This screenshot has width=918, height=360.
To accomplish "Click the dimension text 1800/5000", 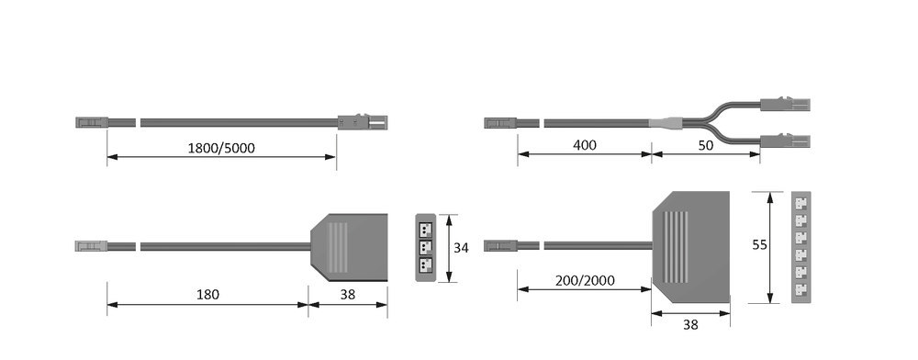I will [x=221, y=147].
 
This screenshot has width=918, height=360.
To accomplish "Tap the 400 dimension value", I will [x=584, y=146].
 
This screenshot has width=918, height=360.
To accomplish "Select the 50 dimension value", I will [x=706, y=146].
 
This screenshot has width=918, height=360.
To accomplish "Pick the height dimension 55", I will [x=759, y=245].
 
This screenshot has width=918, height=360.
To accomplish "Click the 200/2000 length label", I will [x=584, y=279].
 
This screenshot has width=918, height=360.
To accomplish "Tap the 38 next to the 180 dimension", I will [x=347, y=295].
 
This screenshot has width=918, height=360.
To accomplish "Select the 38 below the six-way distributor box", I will [x=691, y=323].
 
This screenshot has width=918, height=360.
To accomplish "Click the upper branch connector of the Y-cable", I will [x=786, y=105].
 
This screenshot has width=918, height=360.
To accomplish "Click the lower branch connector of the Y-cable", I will [x=786, y=140].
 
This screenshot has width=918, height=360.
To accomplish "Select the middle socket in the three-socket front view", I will [x=425, y=247].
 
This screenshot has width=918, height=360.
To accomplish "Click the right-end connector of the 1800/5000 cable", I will [x=362, y=121].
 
